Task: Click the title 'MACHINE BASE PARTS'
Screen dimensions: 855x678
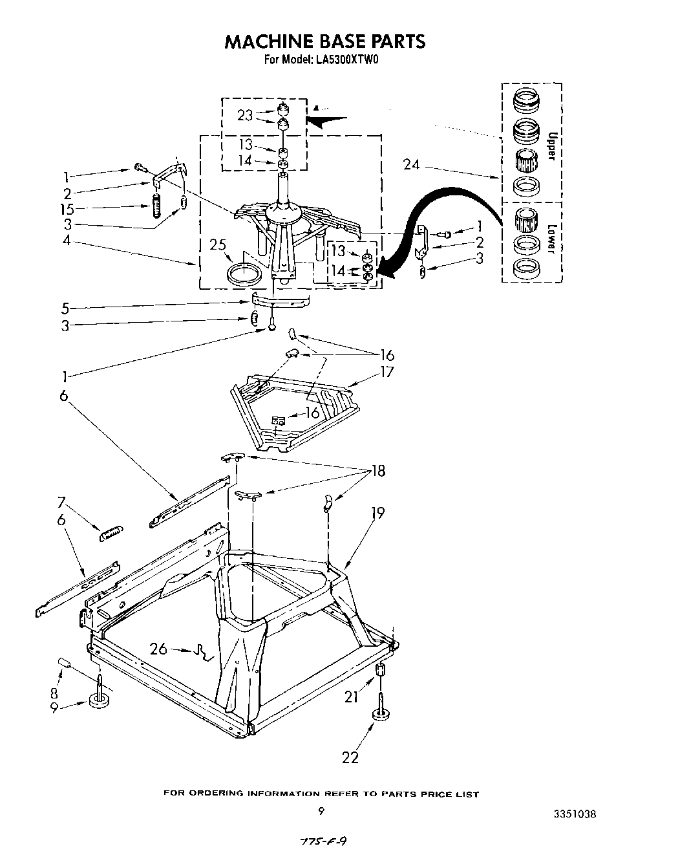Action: click(x=324, y=41)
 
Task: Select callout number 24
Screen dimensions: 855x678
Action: click(x=411, y=165)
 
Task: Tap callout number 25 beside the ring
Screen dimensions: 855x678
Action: click(x=218, y=245)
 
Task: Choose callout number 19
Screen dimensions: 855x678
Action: click(x=377, y=513)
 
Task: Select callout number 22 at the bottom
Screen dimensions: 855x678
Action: click(x=350, y=757)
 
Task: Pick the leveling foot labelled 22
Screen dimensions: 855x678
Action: click(x=381, y=713)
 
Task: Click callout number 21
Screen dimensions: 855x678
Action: click(x=350, y=696)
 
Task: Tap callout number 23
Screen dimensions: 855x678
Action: click(x=244, y=115)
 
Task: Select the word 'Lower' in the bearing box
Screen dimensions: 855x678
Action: click(x=551, y=239)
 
